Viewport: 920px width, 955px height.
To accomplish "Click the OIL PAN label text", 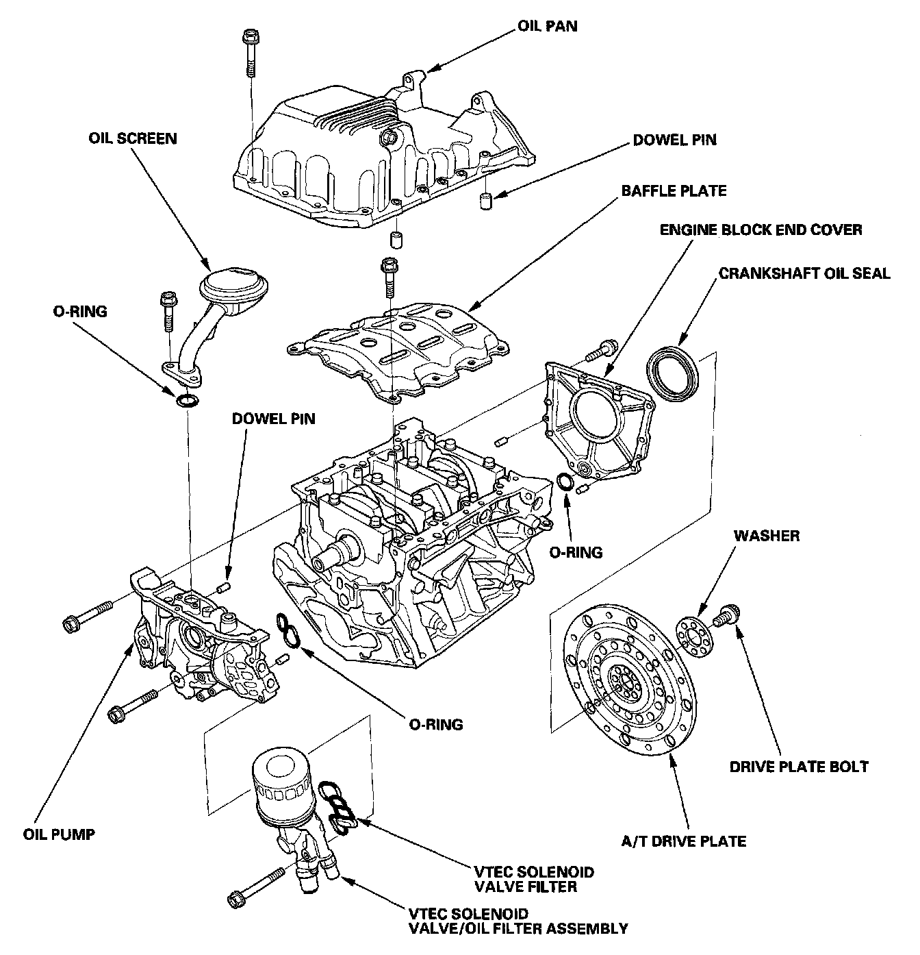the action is click(548, 25).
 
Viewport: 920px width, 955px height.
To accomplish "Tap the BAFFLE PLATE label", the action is click(674, 191).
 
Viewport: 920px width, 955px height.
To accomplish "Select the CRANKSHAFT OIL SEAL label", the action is click(804, 273).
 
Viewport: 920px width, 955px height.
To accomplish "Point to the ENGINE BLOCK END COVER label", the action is click(761, 230).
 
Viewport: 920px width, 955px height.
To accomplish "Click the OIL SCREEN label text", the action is click(132, 138).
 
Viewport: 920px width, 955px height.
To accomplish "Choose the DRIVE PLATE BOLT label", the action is click(799, 767).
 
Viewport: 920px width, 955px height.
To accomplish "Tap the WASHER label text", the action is click(767, 536).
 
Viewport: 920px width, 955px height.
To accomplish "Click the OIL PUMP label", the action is click(59, 834).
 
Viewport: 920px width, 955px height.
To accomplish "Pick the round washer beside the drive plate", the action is click(694, 637).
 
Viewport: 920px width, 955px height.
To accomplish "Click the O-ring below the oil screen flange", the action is click(187, 401).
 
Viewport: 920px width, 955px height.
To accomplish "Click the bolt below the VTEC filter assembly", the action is click(256, 889).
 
